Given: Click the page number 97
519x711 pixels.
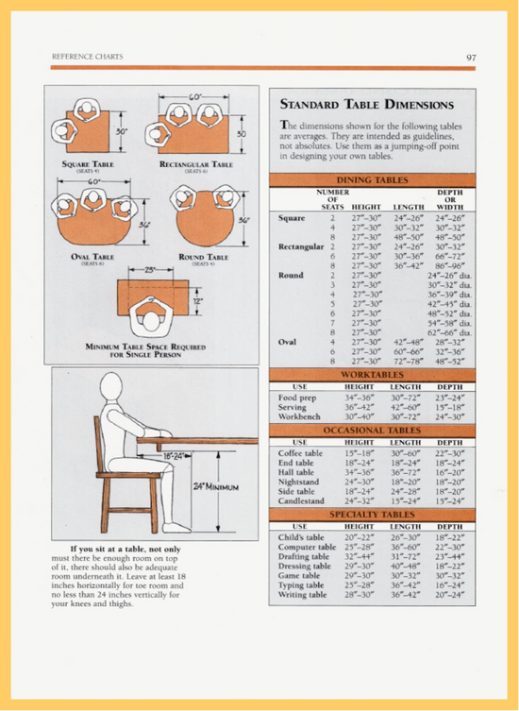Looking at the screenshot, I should tap(470, 58).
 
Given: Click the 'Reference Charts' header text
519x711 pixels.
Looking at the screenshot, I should tap(82, 59).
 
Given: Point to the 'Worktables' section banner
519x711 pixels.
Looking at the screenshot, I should tap(372, 375).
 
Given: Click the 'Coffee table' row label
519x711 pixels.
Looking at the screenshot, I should tap(302, 453).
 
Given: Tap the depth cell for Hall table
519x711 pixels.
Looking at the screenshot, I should tap(449, 472).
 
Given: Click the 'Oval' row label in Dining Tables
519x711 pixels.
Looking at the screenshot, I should tap(289, 342).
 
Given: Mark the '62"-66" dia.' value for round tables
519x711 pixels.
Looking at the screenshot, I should tap(449, 332).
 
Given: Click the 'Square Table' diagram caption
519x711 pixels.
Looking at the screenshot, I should tap(88, 164).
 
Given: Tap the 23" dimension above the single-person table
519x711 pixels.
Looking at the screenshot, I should tap(149, 271).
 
